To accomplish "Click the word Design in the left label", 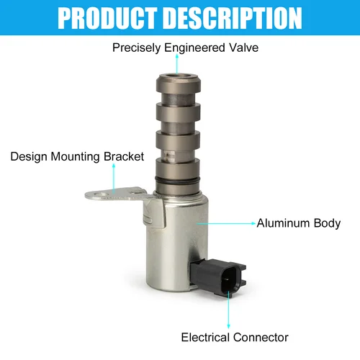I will click(26, 156).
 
